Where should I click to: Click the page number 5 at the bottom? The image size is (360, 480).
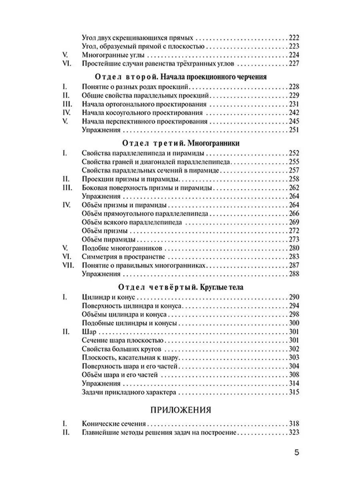pyautogui.click(x=296, y=453)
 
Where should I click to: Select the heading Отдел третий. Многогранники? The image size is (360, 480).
pyautogui.click(x=180, y=144)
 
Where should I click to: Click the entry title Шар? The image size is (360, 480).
pyautogui.click(x=88, y=332)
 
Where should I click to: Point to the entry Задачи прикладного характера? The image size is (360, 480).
pyautogui.click(x=128, y=392)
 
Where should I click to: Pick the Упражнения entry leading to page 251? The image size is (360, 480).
pyautogui.click(x=101, y=130)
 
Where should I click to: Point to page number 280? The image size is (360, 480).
pyautogui.click(x=293, y=248)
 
